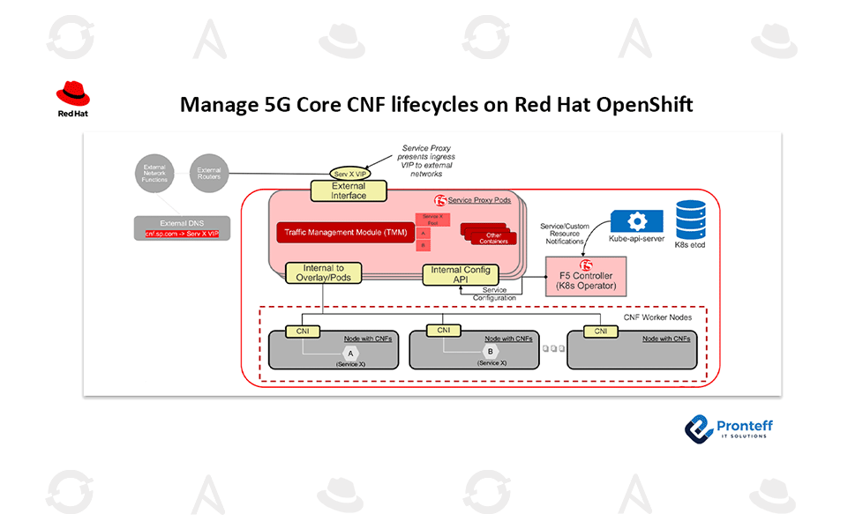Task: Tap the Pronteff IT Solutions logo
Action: tap(729, 428)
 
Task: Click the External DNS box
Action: tap(182, 227)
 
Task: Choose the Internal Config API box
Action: tap(460, 275)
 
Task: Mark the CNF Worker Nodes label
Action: tap(657, 317)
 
